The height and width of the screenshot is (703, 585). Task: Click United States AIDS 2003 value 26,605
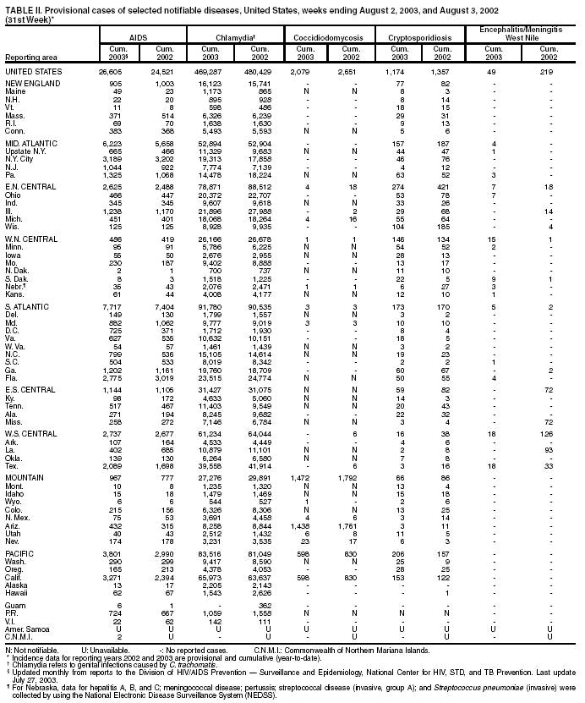[x=115, y=73]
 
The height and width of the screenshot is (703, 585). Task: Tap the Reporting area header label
[x=31, y=58]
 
